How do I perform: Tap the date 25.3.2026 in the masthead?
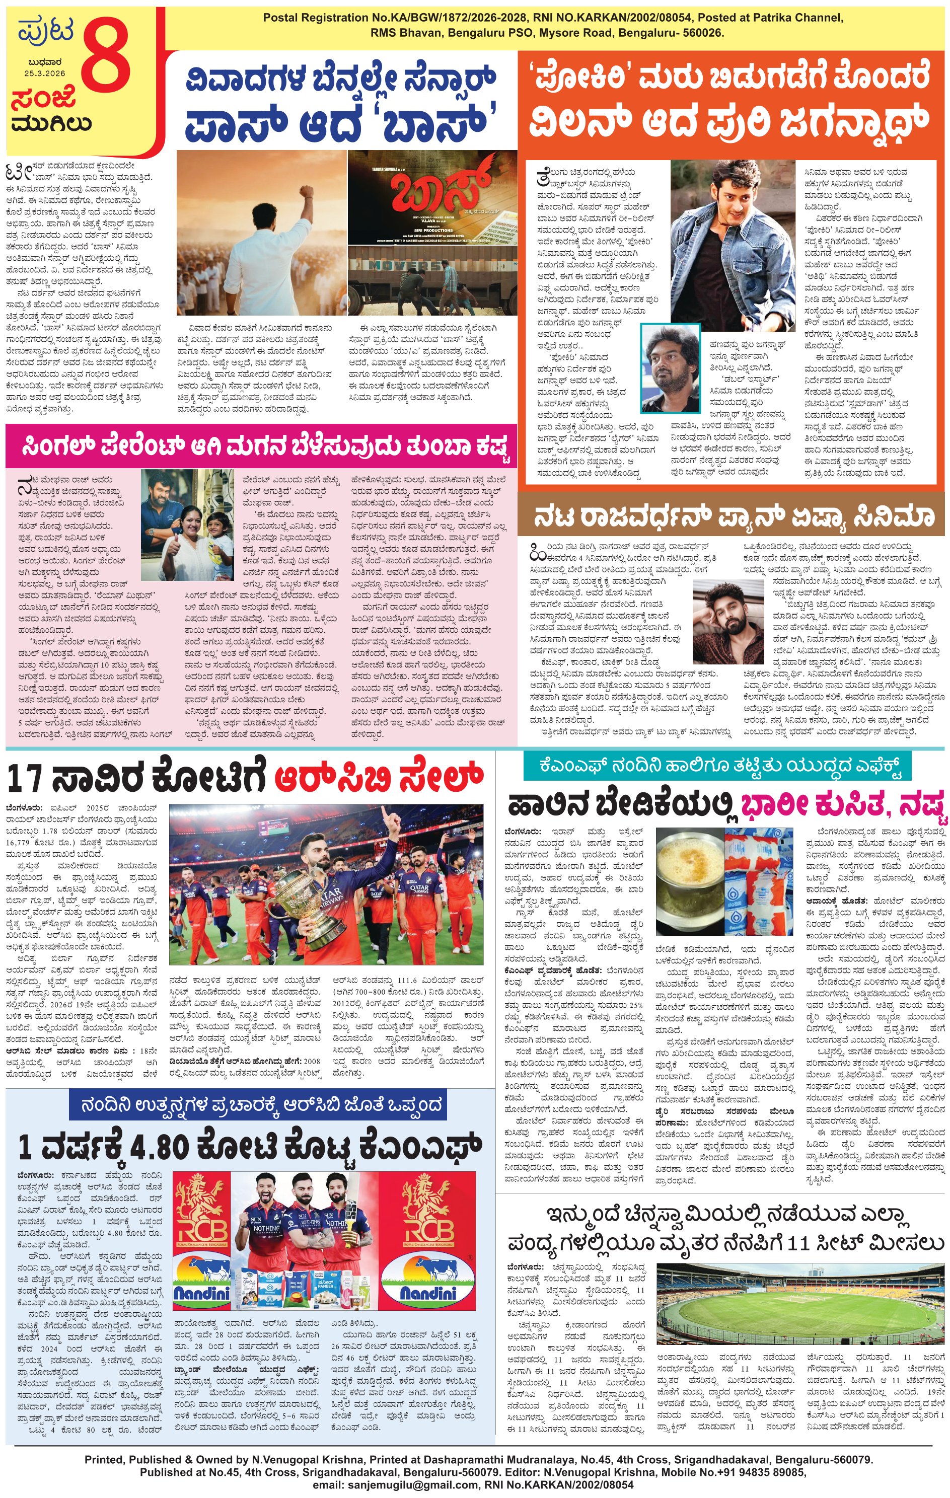(x=45, y=73)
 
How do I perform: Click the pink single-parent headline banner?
(x=261, y=446)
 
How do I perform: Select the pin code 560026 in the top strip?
(x=702, y=32)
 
